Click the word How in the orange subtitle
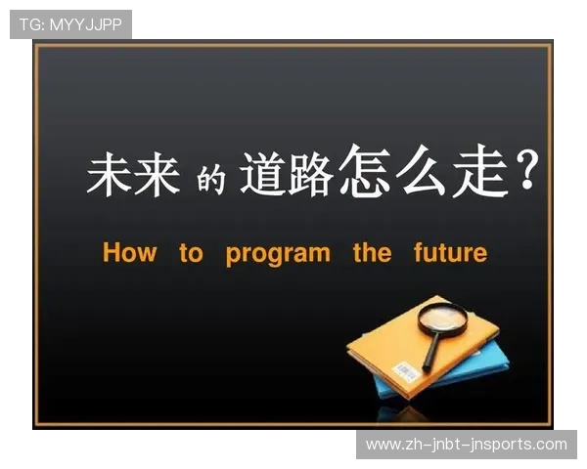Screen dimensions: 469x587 pyautogui.click(x=129, y=253)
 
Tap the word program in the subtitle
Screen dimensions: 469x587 pyautogui.click(x=278, y=254)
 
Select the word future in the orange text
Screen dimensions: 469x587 pyautogui.click(x=450, y=253)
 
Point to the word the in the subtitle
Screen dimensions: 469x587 pyautogui.click(x=372, y=253)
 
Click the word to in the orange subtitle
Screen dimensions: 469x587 pyautogui.click(x=191, y=254)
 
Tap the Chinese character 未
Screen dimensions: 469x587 pyautogui.click(x=109, y=176)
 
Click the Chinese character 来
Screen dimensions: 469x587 pyautogui.click(x=157, y=176)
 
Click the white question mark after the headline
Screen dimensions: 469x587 pyautogui.click(x=528, y=172)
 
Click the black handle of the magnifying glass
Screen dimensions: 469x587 pyautogui.click(x=430, y=354)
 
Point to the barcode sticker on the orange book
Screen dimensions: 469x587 pyautogui.click(x=404, y=370)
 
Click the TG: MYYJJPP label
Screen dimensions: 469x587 pyautogui.click(x=70, y=24)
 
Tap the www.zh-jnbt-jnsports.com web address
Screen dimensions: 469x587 pyautogui.click(x=466, y=445)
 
